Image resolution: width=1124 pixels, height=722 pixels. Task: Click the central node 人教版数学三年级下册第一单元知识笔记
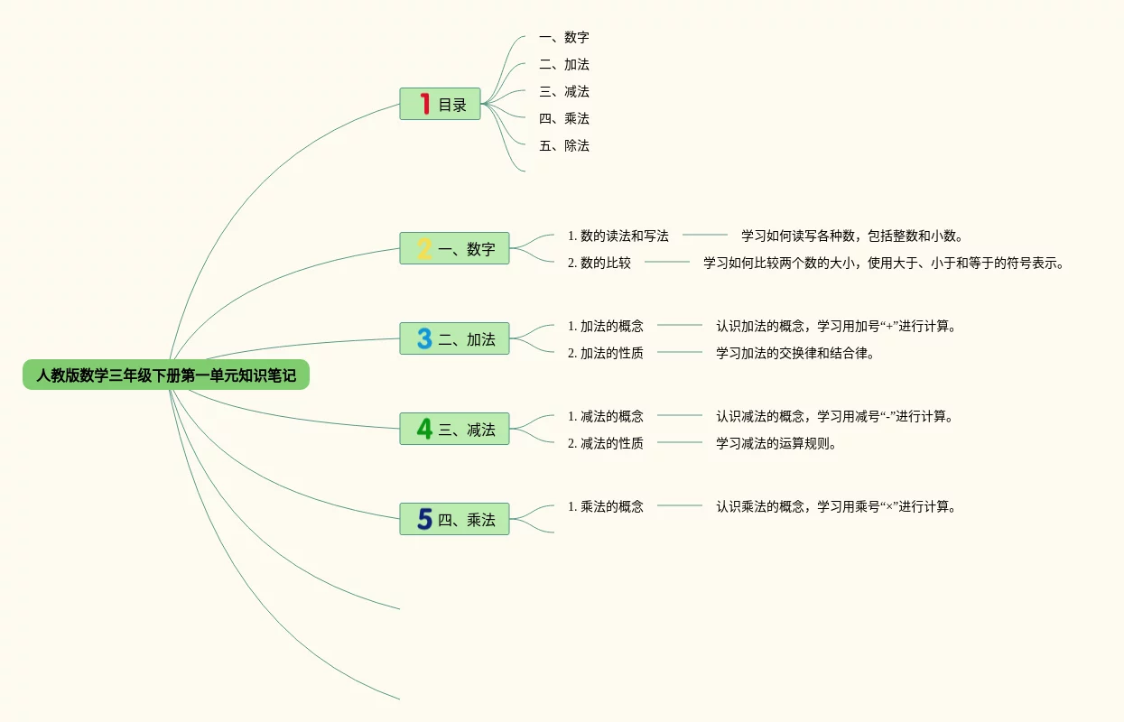pos(166,375)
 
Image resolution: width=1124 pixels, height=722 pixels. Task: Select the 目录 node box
pos(440,104)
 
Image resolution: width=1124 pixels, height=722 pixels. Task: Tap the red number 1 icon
pos(424,104)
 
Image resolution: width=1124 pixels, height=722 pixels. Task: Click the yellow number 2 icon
pos(424,248)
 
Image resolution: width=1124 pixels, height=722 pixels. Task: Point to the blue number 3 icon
pos(424,338)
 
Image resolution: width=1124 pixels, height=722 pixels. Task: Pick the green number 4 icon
pos(424,429)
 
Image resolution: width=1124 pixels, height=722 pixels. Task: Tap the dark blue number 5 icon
pos(424,519)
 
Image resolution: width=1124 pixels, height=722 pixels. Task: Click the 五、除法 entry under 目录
pos(564,145)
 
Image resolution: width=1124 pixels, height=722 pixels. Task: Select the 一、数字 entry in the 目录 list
pos(564,37)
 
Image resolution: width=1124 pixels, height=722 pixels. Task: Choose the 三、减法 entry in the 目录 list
pos(564,91)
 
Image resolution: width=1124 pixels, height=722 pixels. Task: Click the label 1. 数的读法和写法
pos(618,236)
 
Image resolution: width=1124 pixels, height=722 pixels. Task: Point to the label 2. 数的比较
pos(599,263)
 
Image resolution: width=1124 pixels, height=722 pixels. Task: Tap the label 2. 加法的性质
pos(606,353)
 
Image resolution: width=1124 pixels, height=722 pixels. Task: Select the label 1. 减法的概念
pos(606,416)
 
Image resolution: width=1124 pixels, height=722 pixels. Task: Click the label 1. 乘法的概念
pos(606,506)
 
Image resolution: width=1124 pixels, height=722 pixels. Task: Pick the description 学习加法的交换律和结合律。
pos(795,353)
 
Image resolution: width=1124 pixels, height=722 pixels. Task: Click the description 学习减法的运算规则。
pos(776,443)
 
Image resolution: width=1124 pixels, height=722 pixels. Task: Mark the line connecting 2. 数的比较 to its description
pos(667,262)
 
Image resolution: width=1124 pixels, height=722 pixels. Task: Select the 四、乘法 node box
pos(454,519)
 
